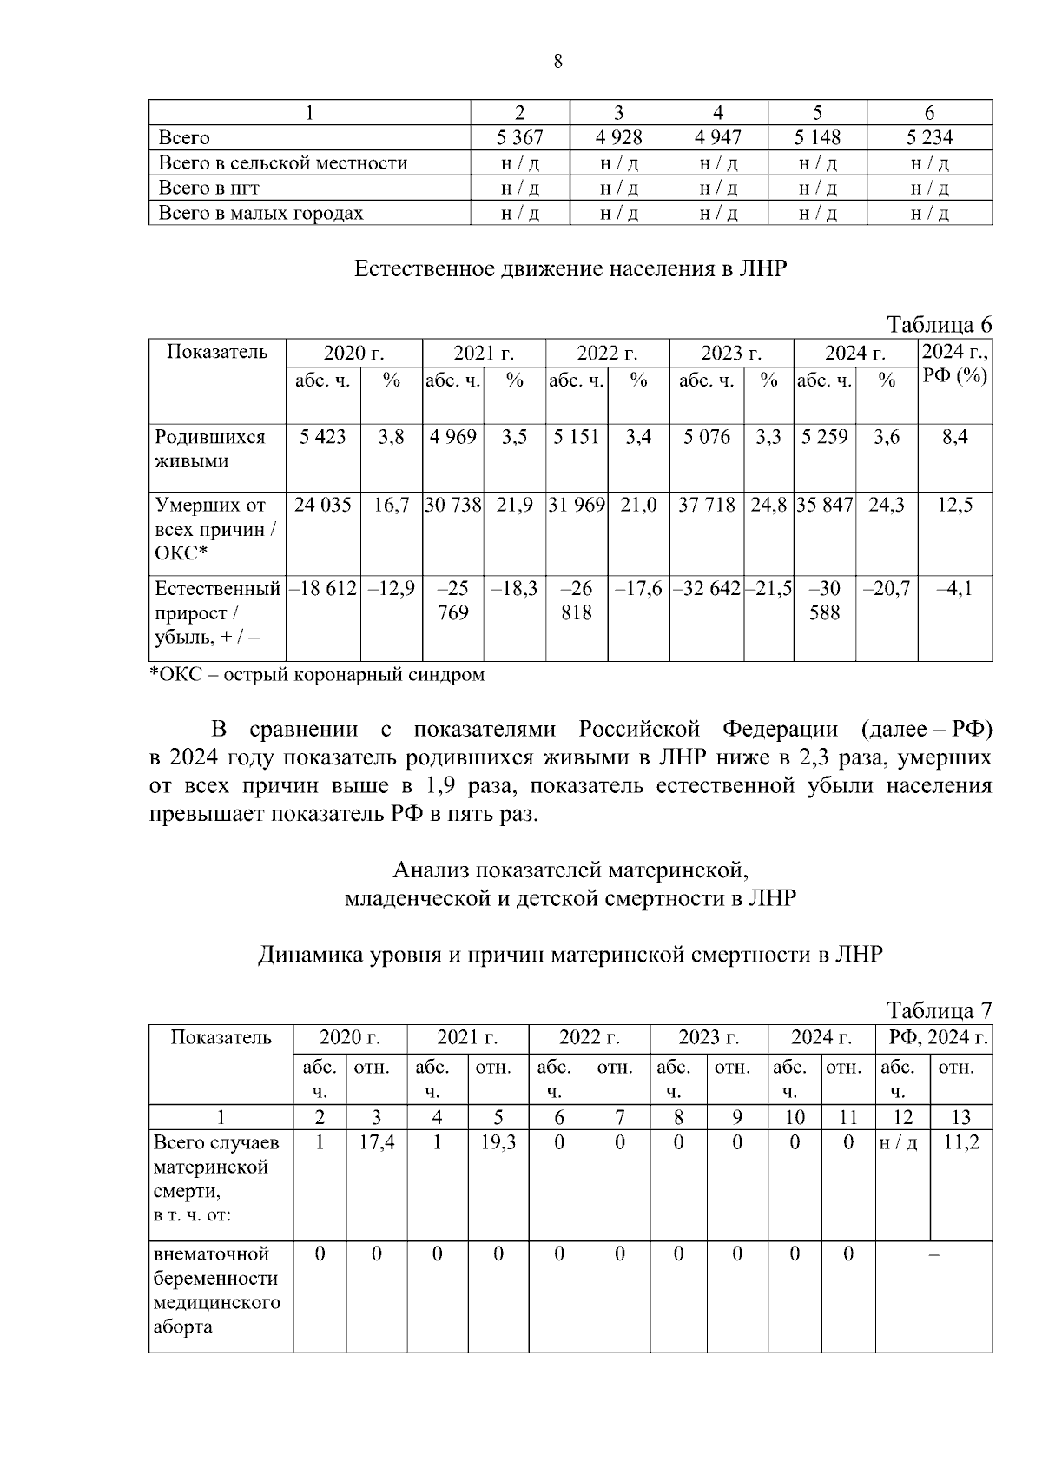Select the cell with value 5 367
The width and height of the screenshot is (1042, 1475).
(x=519, y=137)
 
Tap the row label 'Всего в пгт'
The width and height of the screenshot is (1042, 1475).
(x=208, y=188)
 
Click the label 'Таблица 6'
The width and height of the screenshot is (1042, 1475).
(x=939, y=324)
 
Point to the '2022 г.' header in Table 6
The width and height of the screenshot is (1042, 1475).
(x=607, y=353)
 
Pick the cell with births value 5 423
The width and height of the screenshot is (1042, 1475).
(x=322, y=437)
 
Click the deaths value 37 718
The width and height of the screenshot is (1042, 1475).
(x=706, y=505)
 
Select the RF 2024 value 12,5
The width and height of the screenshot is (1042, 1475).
(x=954, y=505)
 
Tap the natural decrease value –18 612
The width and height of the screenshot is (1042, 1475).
(x=322, y=588)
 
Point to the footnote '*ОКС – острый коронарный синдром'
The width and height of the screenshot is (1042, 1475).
(x=318, y=674)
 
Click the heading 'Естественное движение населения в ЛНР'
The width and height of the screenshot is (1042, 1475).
(x=570, y=268)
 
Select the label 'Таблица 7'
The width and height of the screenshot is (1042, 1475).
(x=939, y=1010)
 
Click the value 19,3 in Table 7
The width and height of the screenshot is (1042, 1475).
(x=498, y=1142)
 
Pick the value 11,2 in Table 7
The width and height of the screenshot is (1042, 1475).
(x=960, y=1142)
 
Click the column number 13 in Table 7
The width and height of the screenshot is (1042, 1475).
(x=960, y=1117)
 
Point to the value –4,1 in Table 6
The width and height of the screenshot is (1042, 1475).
(x=954, y=588)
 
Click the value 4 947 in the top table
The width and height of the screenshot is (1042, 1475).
(x=718, y=137)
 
